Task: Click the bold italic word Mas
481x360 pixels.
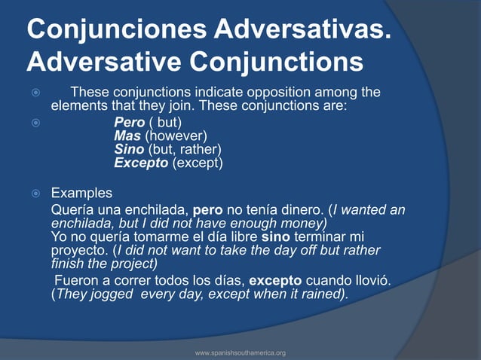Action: point(127,136)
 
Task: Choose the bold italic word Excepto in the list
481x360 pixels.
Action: point(141,163)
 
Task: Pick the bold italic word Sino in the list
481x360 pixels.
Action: point(129,149)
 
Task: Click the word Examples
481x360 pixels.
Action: point(81,192)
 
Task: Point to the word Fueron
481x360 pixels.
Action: point(76,280)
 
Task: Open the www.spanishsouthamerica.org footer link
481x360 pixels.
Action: point(240,352)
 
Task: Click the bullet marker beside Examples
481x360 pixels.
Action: point(32,193)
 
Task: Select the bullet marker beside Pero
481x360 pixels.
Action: point(32,122)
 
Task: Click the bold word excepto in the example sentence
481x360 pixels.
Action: point(274,280)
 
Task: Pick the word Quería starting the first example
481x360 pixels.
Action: point(72,210)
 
